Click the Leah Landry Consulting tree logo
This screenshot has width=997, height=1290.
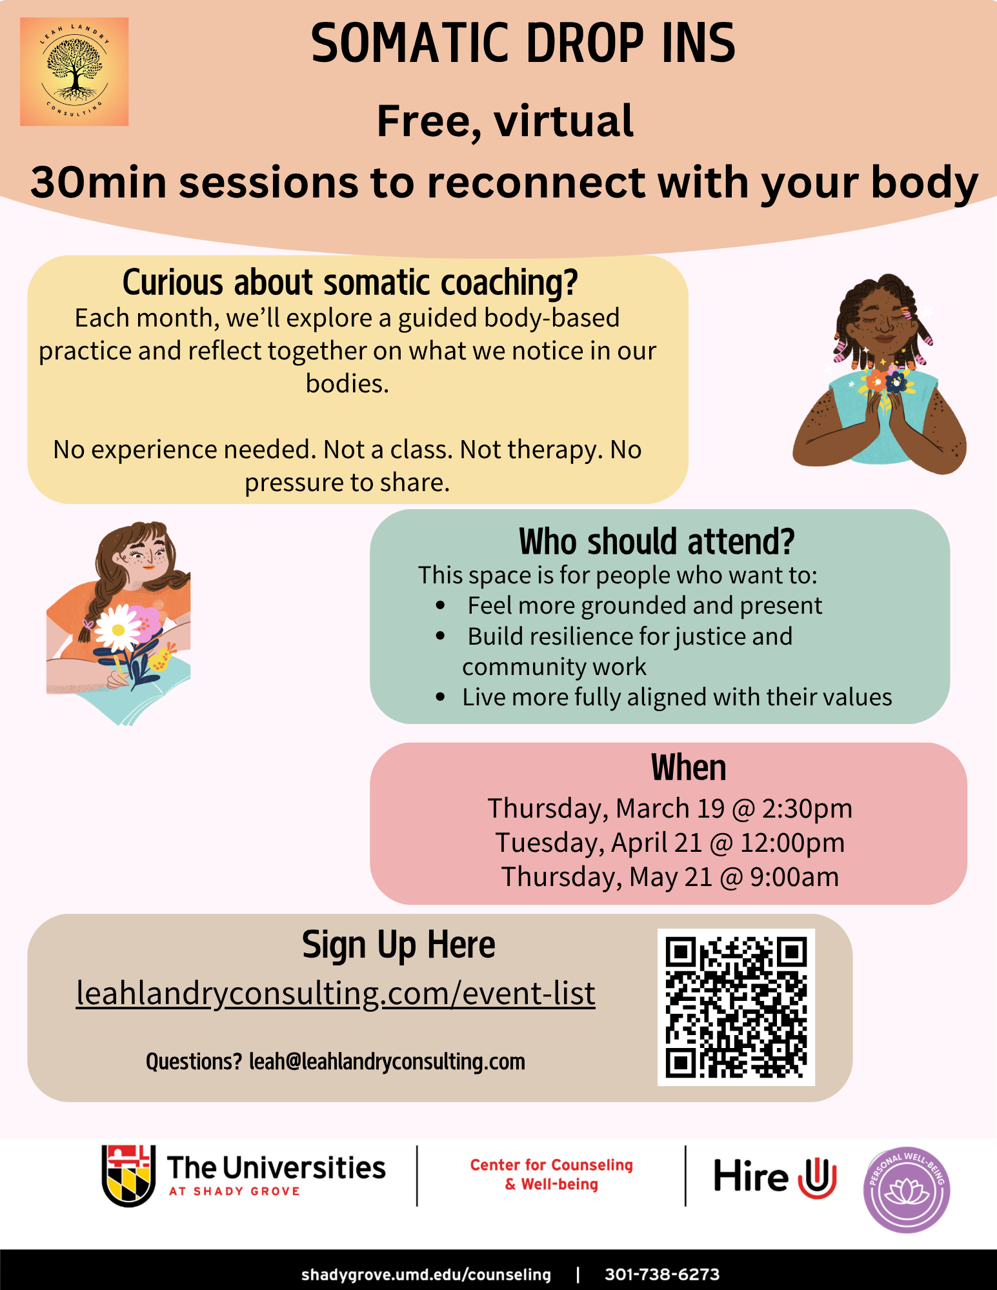[x=74, y=72]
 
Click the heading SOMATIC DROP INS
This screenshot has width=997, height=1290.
[x=523, y=43]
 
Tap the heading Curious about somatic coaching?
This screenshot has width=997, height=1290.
[x=350, y=283]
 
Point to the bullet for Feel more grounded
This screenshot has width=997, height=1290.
[x=441, y=605]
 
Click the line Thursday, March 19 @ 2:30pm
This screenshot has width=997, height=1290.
[x=670, y=809]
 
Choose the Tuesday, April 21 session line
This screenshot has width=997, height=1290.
[x=670, y=843]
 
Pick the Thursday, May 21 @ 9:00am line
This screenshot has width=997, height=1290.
[x=670, y=877]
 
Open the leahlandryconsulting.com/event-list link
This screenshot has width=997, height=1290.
[x=336, y=993]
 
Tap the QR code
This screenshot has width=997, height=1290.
[x=736, y=1007]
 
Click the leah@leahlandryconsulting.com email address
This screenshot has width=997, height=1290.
[x=387, y=1062]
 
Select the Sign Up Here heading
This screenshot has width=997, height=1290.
[x=399, y=945]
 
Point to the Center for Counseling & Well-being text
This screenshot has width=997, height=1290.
[x=552, y=1174]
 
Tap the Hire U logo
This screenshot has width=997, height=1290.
[x=775, y=1176]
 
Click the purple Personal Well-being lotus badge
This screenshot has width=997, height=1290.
[x=907, y=1190]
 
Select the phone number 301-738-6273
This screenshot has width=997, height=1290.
[x=662, y=1275]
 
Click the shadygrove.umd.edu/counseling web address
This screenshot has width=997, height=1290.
[x=426, y=1275]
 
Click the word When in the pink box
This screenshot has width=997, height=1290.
[x=689, y=768]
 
